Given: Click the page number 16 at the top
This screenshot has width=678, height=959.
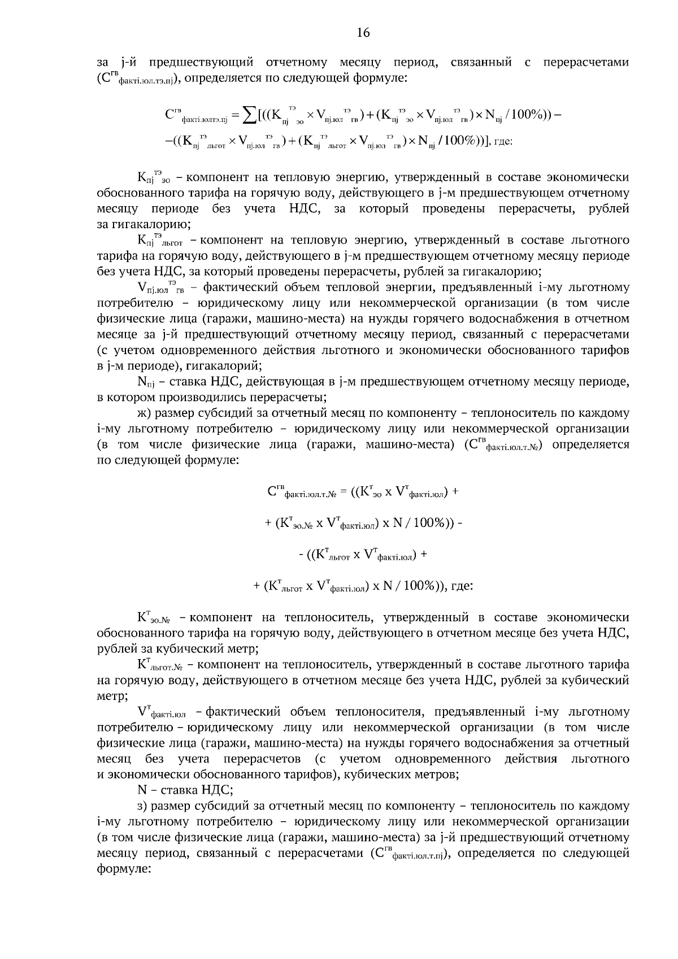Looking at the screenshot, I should click(x=363, y=33).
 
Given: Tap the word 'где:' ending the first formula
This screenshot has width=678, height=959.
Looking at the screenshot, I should click(x=503, y=142).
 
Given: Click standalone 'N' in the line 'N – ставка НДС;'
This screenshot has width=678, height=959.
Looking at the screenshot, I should click(x=142, y=790).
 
